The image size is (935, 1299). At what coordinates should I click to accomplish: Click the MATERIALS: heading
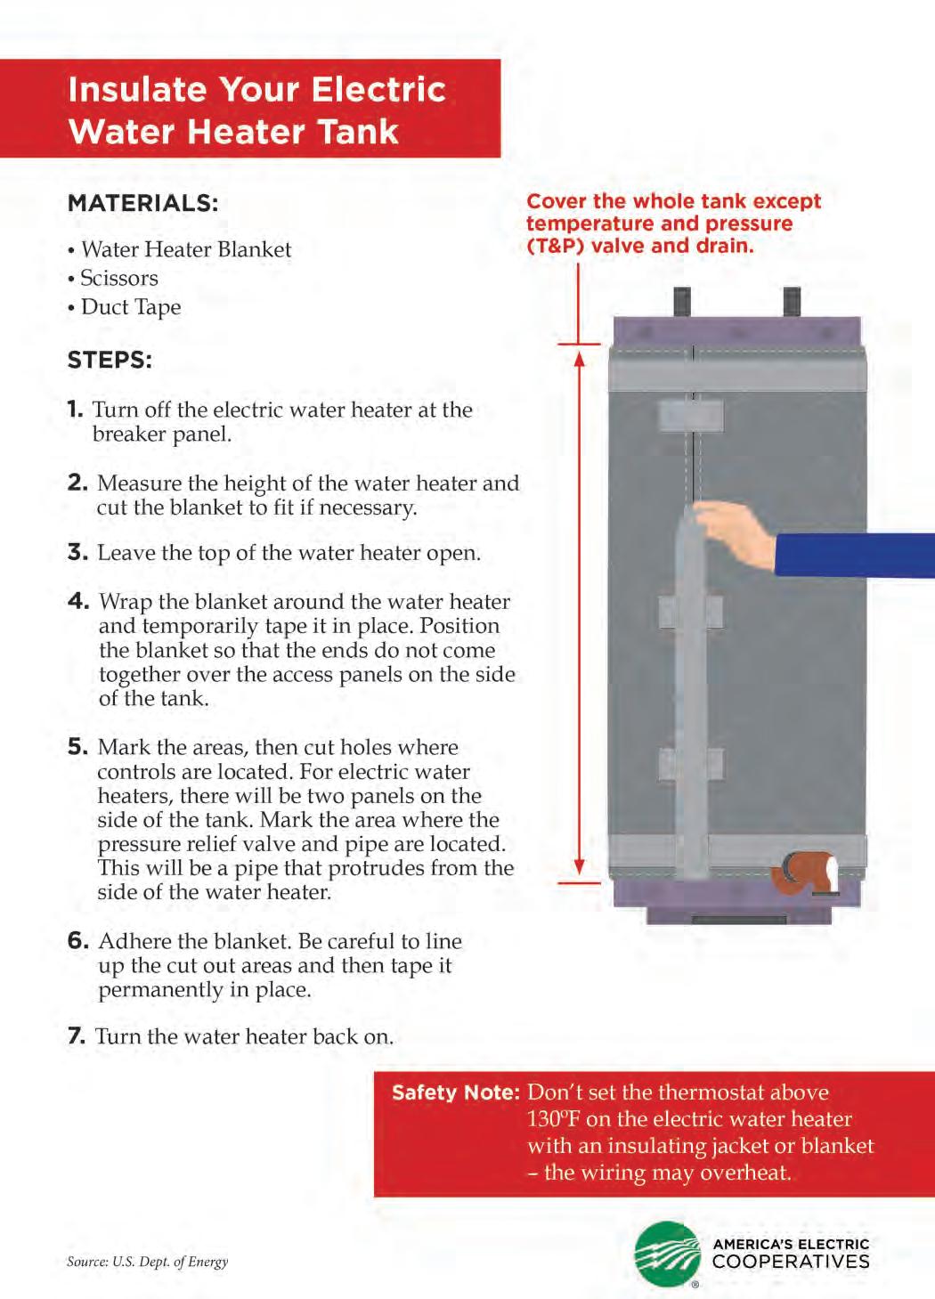[x=142, y=203]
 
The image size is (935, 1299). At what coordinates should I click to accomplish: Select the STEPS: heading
[x=110, y=361]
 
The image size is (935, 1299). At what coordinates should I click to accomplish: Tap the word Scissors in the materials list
[x=119, y=279]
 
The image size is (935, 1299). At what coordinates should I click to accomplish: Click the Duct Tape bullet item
[x=131, y=307]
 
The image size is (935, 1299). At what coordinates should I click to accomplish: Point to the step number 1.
[x=75, y=410]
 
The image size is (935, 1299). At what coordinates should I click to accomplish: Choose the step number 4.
[x=78, y=601]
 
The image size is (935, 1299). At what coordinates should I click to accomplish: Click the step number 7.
[x=77, y=1036]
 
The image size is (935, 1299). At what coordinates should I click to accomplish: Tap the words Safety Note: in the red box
[x=455, y=1093]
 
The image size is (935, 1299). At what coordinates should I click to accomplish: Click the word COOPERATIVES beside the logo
[x=791, y=1262]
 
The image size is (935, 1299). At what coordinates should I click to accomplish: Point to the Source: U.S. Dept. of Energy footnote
[x=147, y=1262]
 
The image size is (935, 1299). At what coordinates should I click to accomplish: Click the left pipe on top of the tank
[x=682, y=303]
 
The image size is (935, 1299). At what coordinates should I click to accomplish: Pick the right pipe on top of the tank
[x=791, y=302]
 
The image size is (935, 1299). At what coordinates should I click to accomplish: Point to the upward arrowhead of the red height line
[x=579, y=360]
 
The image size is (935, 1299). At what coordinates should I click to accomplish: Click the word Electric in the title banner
[x=378, y=90]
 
